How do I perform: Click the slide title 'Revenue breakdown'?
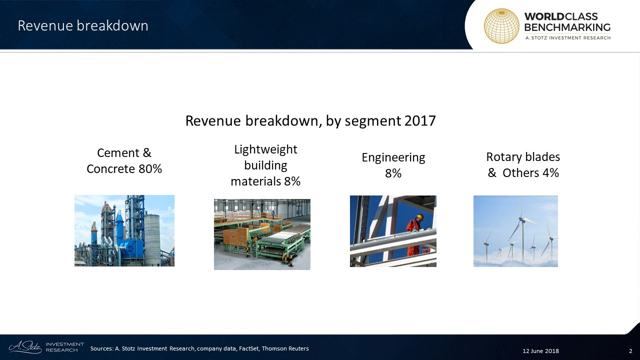[83, 25]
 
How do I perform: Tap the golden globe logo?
[501, 26]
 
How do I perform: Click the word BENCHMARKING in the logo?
[567, 27]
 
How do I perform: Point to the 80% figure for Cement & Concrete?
[150, 169]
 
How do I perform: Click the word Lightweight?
[265, 149]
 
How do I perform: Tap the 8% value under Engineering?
[393, 173]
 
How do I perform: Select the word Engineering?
[393, 158]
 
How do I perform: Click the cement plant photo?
[124, 231]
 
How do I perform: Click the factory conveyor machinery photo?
[262, 234]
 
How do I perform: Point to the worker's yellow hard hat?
[420, 217]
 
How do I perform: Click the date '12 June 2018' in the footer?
[540, 351]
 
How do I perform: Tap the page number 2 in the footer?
[630, 351]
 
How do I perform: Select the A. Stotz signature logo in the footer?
[25, 347]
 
